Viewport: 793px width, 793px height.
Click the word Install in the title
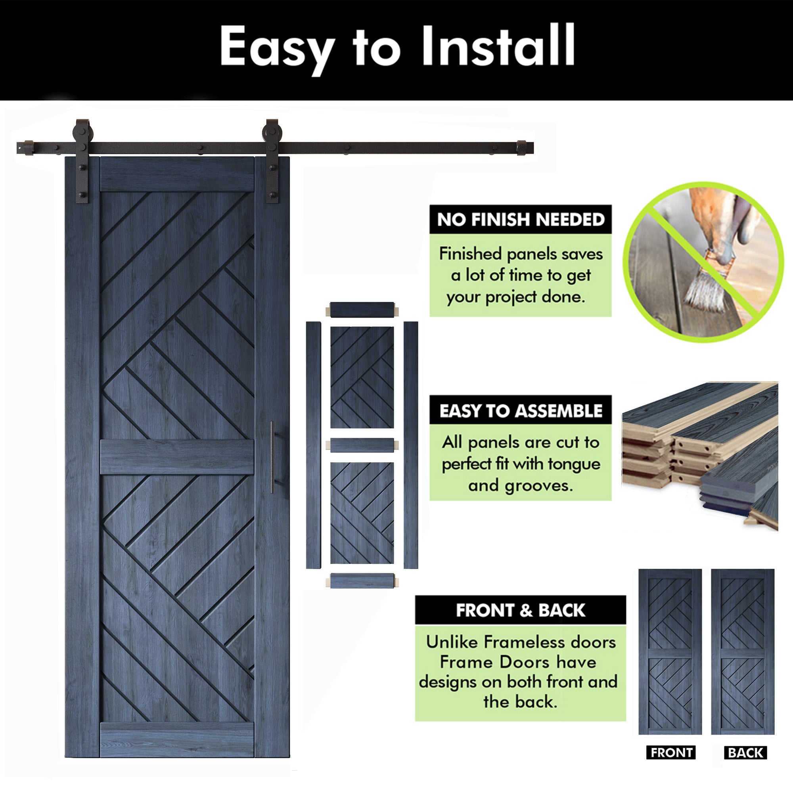point(498,46)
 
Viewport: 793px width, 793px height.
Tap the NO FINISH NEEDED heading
point(521,220)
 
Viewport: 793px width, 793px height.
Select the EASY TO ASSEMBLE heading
point(521,410)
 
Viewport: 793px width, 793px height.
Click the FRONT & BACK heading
point(520,610)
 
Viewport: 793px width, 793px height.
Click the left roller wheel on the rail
point(83,135)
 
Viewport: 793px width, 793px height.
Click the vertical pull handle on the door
point(272,457)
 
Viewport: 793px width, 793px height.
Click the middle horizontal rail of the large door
point(177,457)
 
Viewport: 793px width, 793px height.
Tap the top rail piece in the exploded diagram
point(362,310)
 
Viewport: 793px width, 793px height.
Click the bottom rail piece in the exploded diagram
point(362,580)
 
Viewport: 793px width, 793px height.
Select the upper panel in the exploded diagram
point(362,377)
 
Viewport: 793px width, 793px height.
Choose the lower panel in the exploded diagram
point(362,513)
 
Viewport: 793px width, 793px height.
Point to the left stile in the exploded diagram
point(313,445)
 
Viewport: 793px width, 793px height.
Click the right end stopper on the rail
point(522,148)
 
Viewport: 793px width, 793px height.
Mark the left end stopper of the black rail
point(28,148)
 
